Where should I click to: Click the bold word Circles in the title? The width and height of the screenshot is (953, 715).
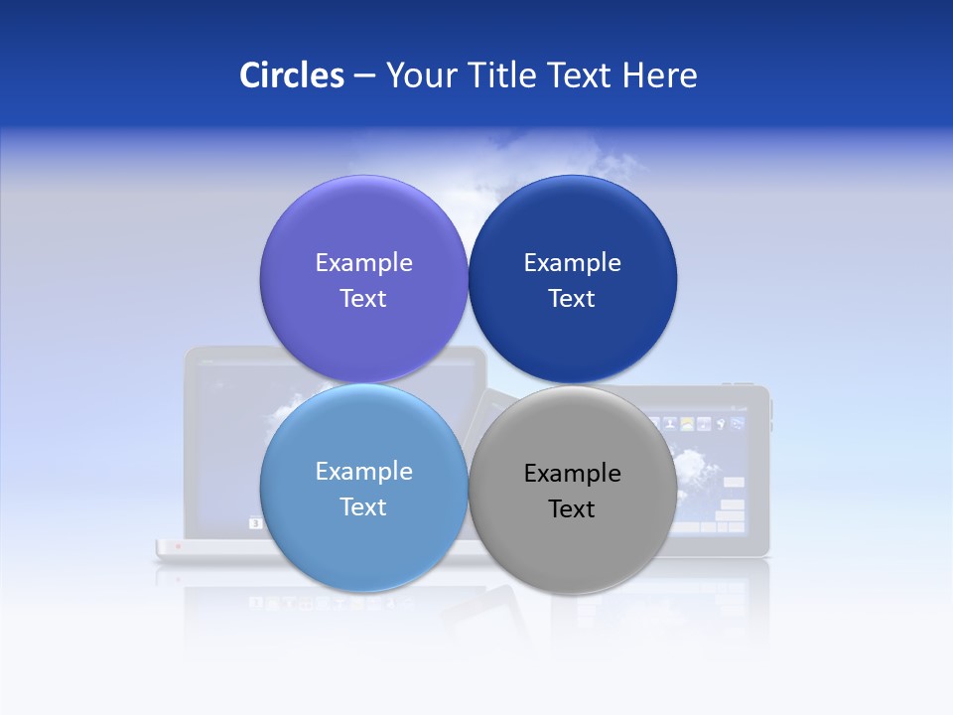[x=292, y=75]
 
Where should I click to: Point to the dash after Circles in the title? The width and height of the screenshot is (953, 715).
[x=364, y=76]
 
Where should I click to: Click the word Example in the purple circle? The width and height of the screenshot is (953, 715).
[x=363, y=263]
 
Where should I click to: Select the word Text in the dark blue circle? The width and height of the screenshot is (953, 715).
[x=572, y=299]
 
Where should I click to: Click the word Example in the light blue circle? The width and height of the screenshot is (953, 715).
[x=363, y=472]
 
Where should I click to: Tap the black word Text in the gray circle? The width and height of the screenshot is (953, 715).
[x=572, y=509]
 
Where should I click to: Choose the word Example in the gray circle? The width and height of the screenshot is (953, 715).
[x=572, y=474]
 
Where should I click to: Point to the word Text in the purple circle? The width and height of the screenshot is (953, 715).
[x=363, y=299]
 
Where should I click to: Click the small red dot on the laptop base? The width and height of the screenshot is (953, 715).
[x=178, y=546]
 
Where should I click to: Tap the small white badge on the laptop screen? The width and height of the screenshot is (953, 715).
[x=255, y=522]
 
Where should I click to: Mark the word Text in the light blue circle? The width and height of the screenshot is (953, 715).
[x=363, y=507]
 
